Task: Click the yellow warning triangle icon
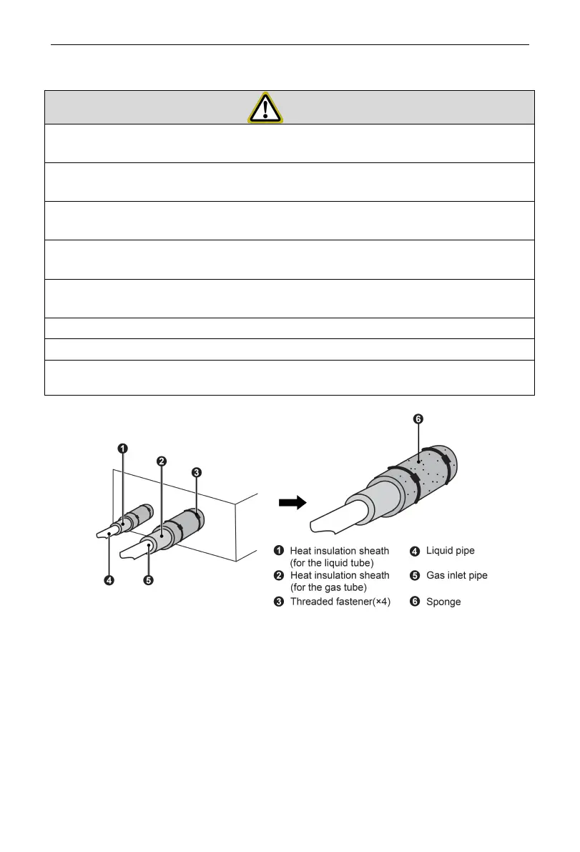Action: (x=265, y=107)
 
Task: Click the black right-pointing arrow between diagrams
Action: (x=292, y=503)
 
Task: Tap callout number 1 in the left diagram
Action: (x=123, y=449)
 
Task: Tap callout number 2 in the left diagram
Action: (x=162, y=461)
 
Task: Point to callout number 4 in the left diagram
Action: (x=109, y=580)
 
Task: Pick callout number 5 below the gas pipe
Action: (x=148, y=580)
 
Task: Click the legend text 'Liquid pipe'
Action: (x=450, y=551)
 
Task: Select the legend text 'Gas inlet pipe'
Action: (x=456, y=575)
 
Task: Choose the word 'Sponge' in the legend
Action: (x=443, y=602)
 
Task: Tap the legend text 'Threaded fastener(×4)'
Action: (x=340, y=602)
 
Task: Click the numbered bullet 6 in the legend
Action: (x=414, y=602)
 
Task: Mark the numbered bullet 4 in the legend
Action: (x=414, y=551)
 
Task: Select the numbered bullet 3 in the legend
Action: (x=280, y=602)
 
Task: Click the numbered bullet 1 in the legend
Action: (x=280, y=551)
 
